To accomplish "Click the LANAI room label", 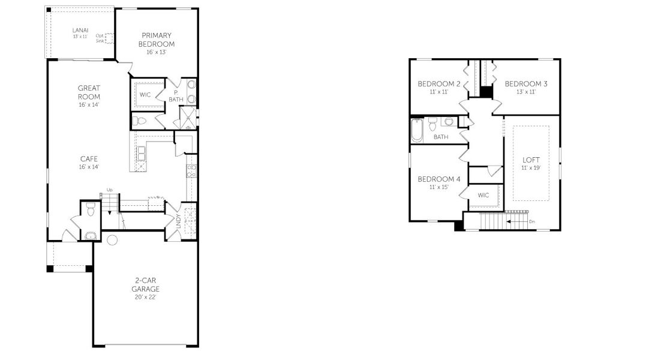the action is (x=80, y=30).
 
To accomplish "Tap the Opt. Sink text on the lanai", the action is (x=100, y=38).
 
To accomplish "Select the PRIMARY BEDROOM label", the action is (x=157, y=40).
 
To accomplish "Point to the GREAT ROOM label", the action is (x=89, y=92).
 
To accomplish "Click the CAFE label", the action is (x=89, y=158).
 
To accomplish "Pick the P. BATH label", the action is (x=176, y=96).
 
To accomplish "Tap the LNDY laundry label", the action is (x=178, y=221).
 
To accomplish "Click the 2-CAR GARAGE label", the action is (x=145, y=284).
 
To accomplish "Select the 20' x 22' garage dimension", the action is (x=145, y=297).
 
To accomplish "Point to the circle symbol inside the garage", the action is (x=112, y=240).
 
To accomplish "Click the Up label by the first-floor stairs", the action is (x=110, y=190).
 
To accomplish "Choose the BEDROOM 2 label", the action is (x=439, y=83).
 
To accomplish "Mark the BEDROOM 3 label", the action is (x=526, y=83).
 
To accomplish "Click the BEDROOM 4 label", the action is (x=439, y=179).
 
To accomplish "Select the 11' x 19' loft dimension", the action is (x=531, y=168).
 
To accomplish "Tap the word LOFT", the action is (x=531, y=160).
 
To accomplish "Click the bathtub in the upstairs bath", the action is (x=417, y=130).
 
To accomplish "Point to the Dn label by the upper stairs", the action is (x=532, y=221).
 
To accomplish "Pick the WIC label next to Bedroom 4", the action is (x=483, y=195).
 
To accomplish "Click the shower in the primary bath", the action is (x=188, y=118).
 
